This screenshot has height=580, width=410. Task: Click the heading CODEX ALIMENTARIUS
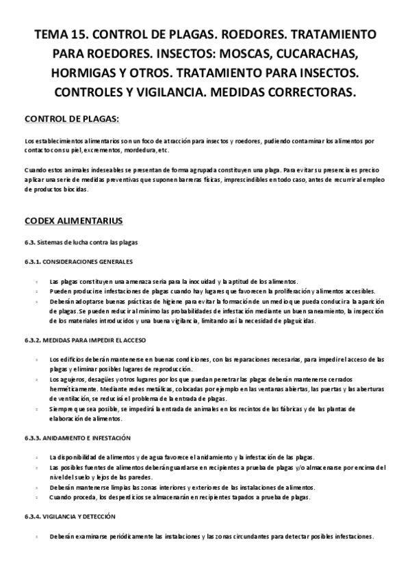73,221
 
